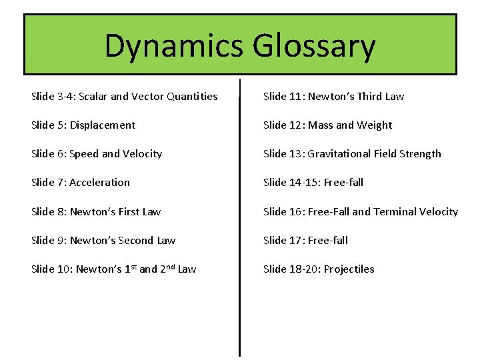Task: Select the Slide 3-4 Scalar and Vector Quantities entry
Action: [x=124, y=96]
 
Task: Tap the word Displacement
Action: [x=102, y=125]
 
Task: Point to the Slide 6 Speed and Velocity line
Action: [x=97, y=154]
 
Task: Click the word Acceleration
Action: [x=99, y=183]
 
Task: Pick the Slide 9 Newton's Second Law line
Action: [x=103, y=241]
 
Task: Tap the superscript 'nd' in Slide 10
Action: [x=169, y=267]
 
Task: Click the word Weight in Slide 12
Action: [x=375, y=125]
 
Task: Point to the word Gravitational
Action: [x=339, y=154]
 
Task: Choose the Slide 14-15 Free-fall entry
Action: [x=313, y=183]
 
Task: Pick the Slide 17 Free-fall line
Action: [x=305, y=241]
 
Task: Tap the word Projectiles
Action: [x=349, y=269]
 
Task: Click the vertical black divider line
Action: [x=239, y=220]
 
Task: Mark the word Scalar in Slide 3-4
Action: [x=93, y=97]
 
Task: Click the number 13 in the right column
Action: [x=295, y=154]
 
